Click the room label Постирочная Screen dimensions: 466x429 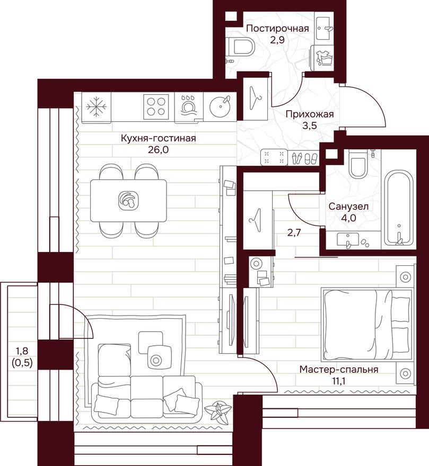[277, 29]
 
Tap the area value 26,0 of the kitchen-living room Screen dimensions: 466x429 [159, 149]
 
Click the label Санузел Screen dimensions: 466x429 [348, 207]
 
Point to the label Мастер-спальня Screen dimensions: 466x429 [338, 370]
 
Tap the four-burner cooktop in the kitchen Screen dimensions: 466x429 [155, 105]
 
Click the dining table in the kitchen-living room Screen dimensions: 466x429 [128, 200]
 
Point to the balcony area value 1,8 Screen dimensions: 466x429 [21, 350]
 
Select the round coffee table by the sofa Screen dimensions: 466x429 [156, 360]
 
